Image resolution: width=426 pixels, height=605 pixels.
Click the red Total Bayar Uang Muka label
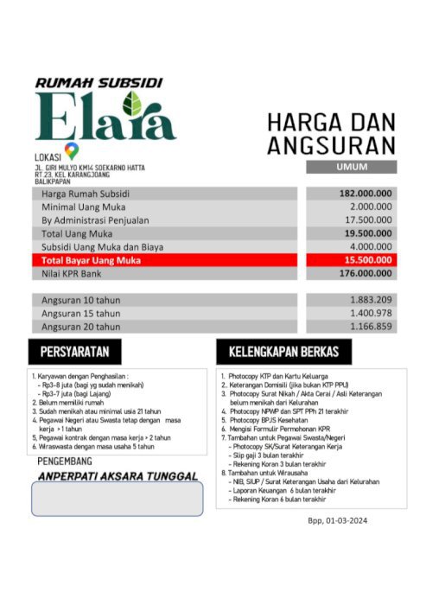point(91,260)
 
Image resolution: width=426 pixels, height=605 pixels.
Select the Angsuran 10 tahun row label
point(81,300)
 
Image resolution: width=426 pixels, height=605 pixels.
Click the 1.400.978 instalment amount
point(371,313)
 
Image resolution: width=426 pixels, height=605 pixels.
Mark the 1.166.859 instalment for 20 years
point(371,327)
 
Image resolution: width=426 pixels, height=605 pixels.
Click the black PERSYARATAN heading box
point(75,352)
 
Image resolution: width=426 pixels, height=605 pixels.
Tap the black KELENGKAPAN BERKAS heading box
point(283,352)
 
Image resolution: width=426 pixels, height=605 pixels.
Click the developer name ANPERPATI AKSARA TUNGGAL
point(116,475)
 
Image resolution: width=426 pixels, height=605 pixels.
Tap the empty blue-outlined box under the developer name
point(117,499)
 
